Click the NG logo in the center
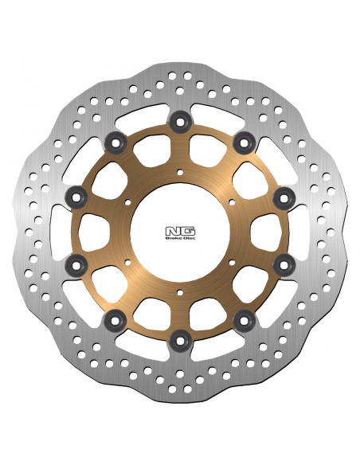[x=180, y=232]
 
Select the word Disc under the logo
[x=190, y=238]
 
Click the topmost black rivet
[x=180, y=122]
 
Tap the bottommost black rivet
[x=180, y=341]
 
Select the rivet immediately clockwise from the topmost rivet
[x=244, y=143]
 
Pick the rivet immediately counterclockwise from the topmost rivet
[x=115, y=143]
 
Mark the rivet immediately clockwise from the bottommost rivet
[x=115, y=320]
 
